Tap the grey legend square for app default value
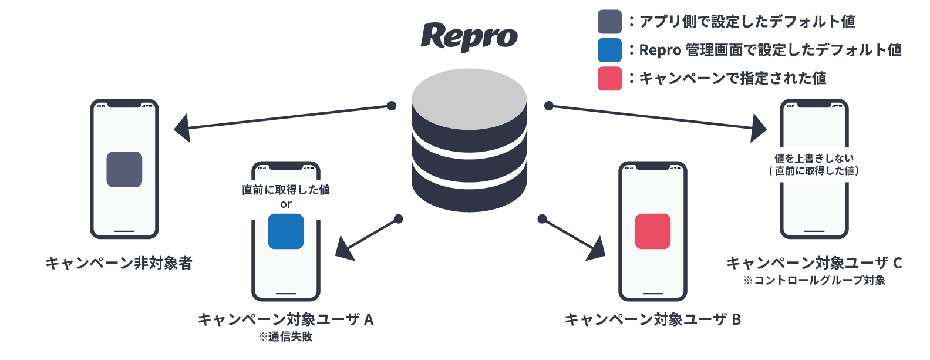click(609, 22)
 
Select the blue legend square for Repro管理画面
click(609, 50)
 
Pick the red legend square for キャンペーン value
click(609, 79)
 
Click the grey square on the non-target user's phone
click(124, 169)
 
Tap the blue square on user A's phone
click(286, 231)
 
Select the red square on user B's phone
click(653, 231)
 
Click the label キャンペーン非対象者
click(119, 263)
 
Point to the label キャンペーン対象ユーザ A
click(286, 319)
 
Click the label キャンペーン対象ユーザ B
click(653, 319)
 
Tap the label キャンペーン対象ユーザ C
click(814, 263)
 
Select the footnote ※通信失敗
click(286, 337)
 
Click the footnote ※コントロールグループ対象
click(814, 280)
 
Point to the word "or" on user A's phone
click(286, 204)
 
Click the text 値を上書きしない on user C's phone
click(814, 158)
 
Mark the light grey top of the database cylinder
click(469, 99)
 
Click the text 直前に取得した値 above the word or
click(286, 190)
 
